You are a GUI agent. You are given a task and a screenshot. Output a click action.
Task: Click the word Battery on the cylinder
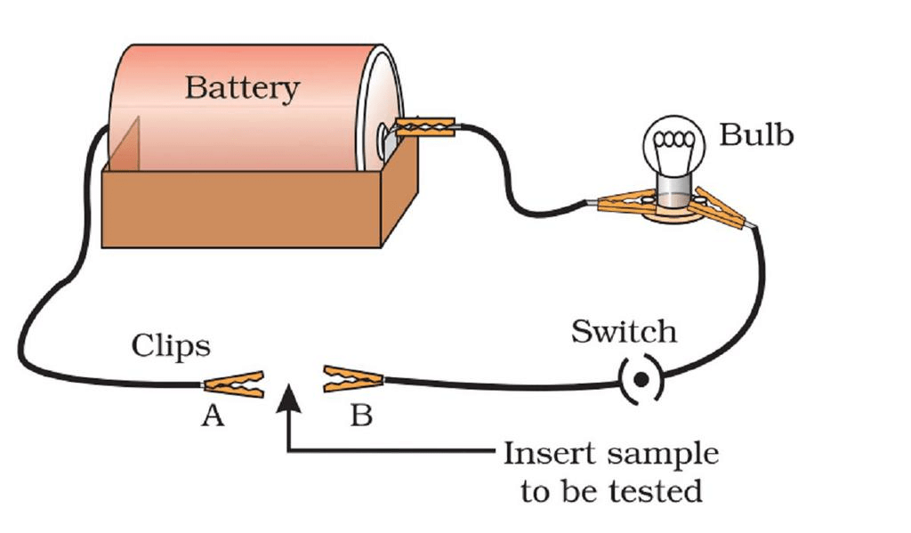(242, 89)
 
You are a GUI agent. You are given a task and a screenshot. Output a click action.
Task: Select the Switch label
(624, 332)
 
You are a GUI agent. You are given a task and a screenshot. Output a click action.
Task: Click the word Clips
(171, 345)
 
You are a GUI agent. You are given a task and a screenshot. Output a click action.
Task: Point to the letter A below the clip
(212, 416)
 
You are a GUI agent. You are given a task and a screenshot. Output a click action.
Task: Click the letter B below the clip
(360, 416)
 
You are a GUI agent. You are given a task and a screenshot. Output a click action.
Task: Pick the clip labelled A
(234, 384)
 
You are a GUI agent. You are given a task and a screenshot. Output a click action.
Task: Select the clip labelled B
(353, 379)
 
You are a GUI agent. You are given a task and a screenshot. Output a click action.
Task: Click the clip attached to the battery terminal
(425, 128)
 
